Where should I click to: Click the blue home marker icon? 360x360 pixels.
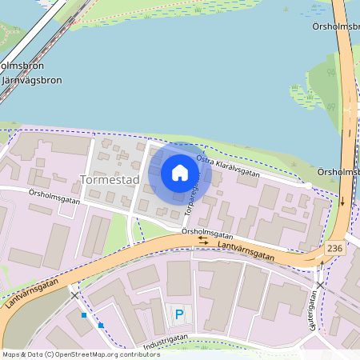(x=180, y=173)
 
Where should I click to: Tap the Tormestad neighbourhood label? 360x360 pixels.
(x=110, y=180)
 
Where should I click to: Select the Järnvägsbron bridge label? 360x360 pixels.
(x=31, y=81)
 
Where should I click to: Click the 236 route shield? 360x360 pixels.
(x=335, y=248)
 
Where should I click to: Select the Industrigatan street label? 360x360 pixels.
(x=164, y=342)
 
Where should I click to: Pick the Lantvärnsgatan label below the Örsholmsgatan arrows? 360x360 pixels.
(x=246, y=252)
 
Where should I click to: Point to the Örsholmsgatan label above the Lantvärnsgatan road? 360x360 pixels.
(x=207, y=234)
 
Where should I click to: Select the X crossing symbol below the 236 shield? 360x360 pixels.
(x=320, y=285)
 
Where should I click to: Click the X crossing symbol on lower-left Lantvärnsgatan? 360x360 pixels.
(x=75, y=295)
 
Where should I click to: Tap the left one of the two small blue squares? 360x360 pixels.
(x=83, y=315)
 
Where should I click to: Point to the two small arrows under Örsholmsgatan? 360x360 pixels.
(x=204, y=242)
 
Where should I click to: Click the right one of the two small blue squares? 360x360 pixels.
(x=101, y=325)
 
